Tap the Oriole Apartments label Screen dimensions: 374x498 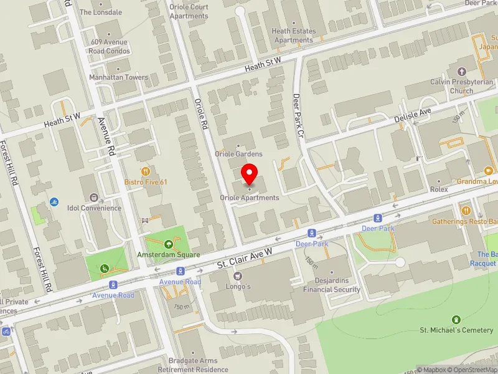click(250, 198)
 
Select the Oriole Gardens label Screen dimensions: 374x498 click(238, 154)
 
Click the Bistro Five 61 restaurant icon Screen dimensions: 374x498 click(146, 171)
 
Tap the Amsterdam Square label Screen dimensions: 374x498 click(169, 255)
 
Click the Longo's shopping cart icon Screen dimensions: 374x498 click(237, 276)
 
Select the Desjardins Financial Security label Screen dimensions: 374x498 click(331, 285)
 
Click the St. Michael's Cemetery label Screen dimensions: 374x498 click(457, 330)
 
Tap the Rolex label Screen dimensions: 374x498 click(438, 189)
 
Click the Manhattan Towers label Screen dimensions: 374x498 click(118, 78)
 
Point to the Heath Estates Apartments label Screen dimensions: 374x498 click(294, 36)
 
